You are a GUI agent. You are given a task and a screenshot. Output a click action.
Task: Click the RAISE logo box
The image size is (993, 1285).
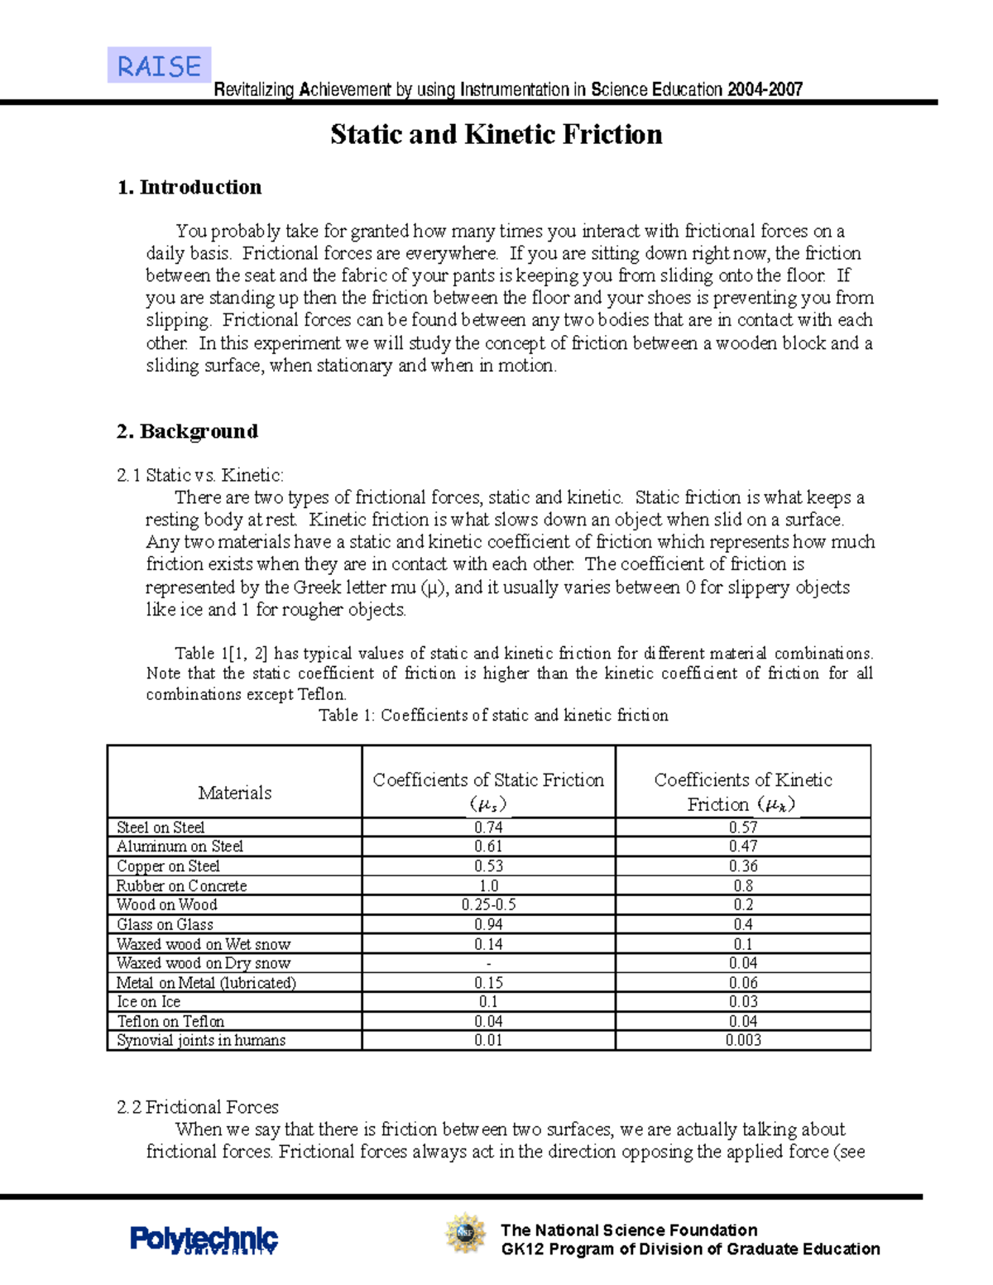point(159,65)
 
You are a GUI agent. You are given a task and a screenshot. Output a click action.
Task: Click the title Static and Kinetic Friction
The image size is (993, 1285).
point(496,134)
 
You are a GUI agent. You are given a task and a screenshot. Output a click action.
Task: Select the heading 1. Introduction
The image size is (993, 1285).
point(189,187)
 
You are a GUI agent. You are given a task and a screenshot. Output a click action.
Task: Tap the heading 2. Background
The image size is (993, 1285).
point(187,431)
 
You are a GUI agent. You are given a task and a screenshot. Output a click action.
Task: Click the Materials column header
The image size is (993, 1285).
point(234,792)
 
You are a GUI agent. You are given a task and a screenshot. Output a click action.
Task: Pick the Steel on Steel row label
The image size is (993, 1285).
point(161,827)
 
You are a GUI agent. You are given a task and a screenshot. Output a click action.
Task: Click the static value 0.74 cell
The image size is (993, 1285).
point(488,827)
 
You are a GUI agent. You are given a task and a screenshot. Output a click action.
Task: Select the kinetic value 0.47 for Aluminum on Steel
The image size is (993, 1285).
point(743,846)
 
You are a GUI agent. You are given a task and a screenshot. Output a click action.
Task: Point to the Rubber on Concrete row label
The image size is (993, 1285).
point(181,885)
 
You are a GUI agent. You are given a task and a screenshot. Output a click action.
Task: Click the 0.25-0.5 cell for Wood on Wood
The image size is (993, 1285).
point(488,904)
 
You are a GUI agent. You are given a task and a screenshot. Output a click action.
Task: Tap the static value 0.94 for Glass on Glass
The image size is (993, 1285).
point(488,924)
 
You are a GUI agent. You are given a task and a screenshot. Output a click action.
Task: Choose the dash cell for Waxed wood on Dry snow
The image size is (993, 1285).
point(488,963)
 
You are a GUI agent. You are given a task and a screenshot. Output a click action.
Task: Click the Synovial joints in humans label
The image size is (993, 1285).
point(201,1040)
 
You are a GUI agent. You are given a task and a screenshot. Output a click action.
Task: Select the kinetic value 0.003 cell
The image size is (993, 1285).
point(743,1040)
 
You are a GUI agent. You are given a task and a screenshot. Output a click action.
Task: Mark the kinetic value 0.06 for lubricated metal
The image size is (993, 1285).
point(743,982)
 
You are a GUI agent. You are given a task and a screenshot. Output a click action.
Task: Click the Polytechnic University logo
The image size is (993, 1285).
point(204,1239)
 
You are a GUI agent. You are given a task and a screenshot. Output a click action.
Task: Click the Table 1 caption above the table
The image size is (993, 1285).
point(493,715)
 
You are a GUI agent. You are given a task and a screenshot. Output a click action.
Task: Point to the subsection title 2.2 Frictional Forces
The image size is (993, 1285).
point(198,1106)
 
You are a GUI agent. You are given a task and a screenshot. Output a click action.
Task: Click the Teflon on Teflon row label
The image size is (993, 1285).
point(170,1021)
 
